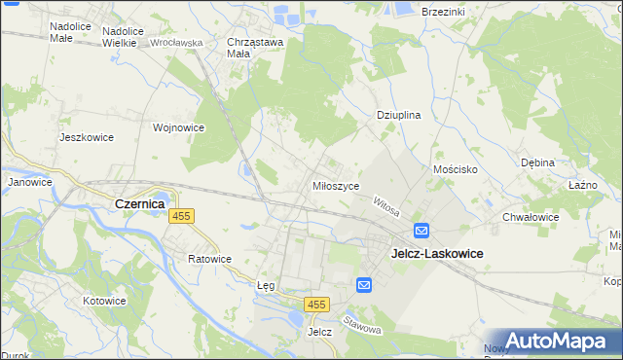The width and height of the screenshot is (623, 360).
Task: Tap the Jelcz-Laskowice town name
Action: click(437, 252)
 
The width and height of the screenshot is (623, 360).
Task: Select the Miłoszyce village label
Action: click(336, 185)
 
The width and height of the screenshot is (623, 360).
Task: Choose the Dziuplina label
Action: click(398, 115)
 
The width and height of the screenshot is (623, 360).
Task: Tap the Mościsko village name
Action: click(454, 168)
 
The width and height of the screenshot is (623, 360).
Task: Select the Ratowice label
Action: click(210, 259)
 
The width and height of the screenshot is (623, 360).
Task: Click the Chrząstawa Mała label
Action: click(254, 48)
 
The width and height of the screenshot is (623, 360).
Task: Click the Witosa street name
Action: click(386, 205)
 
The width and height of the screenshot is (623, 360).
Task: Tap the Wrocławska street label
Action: click(176, 43)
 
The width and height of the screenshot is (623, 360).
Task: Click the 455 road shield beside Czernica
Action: click(180, 216)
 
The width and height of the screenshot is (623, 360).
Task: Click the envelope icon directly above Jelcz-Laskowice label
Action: click(421, 231)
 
